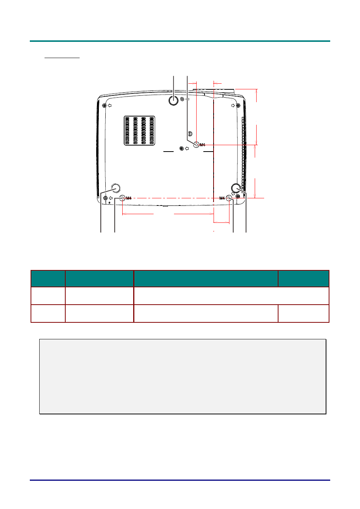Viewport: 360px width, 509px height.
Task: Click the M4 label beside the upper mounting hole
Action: click(x=202, y=145)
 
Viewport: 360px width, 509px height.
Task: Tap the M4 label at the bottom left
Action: click(x=129, y=198)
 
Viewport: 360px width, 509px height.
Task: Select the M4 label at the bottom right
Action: click(x=222, y=198)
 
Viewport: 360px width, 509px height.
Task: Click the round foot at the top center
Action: click(x=173, y=100)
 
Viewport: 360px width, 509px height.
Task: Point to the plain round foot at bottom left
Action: click(x=116, y=188)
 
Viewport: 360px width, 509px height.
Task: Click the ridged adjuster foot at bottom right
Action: click(x=236, y=188)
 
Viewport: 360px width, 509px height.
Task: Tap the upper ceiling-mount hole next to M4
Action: click(x=196, y=144)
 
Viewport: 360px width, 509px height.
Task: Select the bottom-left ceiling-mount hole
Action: click(x=122, y=198)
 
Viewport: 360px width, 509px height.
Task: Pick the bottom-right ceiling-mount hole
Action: click(x=229, y=198)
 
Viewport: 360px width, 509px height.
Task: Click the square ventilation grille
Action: click(x=139, y=131)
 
